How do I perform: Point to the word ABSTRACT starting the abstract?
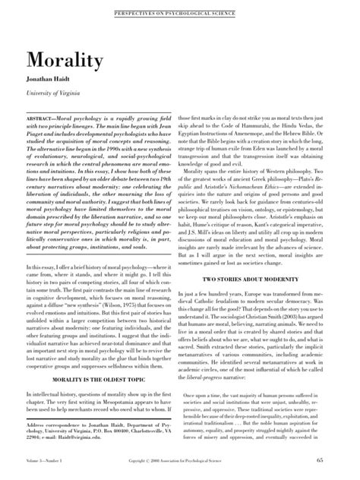[44, 121]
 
